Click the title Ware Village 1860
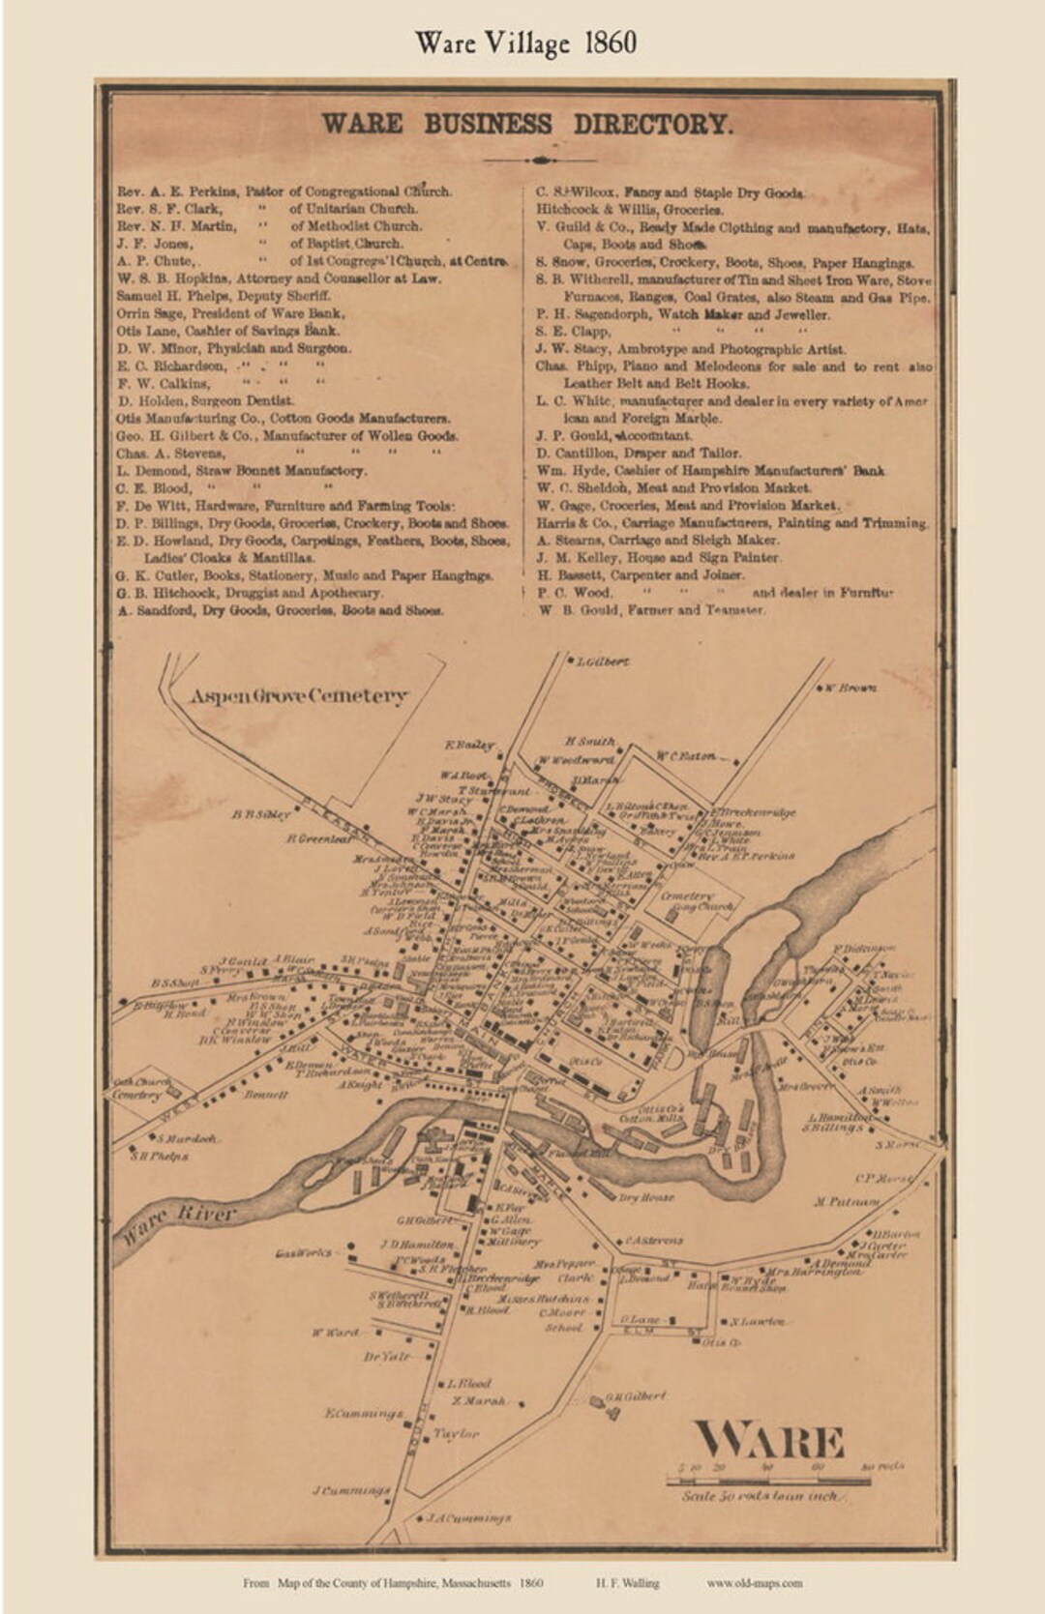[525, 44]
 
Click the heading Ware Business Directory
[526, 125]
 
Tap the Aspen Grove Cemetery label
[298, 695]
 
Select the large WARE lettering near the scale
[769, 1442]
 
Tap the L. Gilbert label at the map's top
[602, 662]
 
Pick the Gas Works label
[304, 1252]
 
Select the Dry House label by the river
[646, 1197]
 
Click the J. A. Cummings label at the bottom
[469, 1518]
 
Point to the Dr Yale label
[387, 1357]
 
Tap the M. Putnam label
[847, 1202]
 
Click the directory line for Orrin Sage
[231, 313]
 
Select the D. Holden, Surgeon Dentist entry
[206, 400]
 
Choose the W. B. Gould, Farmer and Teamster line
[652, 610]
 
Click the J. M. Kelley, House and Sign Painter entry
[658, 558]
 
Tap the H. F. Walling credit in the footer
[627, 1583]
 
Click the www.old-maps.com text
[755, 1583]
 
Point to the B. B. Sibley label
[260, 814]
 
